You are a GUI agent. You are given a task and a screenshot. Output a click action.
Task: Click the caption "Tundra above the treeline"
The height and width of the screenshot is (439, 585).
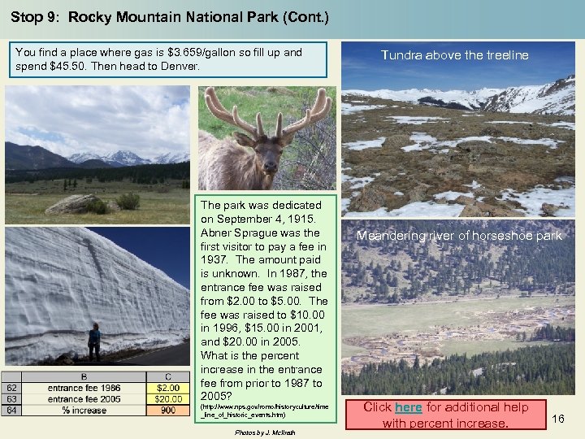[x=455, y=55]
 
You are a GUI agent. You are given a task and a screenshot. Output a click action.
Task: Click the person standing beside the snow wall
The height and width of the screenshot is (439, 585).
[x=94, y=341]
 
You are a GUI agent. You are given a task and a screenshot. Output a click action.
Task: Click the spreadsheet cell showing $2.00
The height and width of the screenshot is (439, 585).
[x=168, y=388]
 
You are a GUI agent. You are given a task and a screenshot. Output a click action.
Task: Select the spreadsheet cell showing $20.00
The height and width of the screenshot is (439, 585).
[x=168, y=399]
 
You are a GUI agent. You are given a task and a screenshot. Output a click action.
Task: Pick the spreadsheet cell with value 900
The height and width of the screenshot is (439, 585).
[x=168, y=411]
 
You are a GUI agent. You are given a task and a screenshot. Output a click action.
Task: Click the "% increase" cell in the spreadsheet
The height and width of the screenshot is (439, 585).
[x=84, y=411]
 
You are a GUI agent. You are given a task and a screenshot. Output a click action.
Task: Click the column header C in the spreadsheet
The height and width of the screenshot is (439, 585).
[x=168, y=376]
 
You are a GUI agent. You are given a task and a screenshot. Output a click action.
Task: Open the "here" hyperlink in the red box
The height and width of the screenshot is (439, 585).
[x=408, y=407]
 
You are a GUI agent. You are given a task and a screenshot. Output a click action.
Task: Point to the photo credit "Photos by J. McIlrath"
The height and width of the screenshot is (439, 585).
[x=265, y=432]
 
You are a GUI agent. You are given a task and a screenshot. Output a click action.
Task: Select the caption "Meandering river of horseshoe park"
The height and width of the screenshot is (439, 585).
[x=459, y=236]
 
